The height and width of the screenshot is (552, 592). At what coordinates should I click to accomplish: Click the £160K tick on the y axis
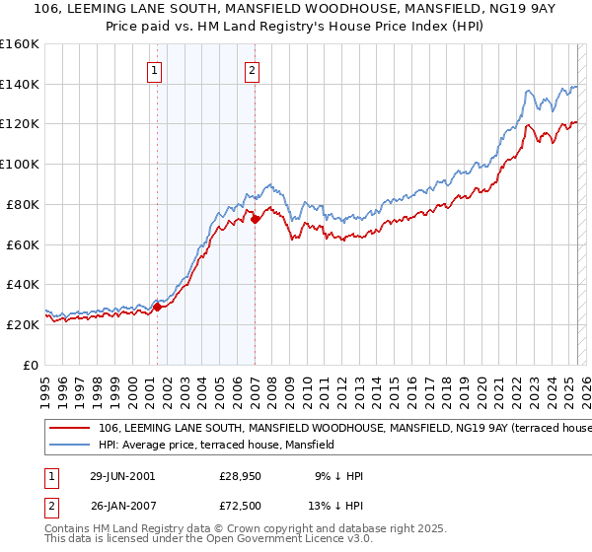click(x=20, y=44)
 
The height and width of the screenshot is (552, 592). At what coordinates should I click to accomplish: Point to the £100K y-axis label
click(x=20, y=165)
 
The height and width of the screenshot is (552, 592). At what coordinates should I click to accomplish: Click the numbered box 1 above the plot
click(x=156, y=70)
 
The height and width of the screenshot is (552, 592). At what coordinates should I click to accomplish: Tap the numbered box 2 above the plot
click(x=253, y=70)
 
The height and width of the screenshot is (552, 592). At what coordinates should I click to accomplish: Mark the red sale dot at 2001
click(x=158, y=307)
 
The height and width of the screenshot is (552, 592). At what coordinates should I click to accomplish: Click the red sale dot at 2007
click(x=255, y=219)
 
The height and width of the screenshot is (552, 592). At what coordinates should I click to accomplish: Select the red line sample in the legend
click(x=69, y=429)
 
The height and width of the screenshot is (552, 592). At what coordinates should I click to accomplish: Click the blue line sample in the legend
click(x=69, y=445)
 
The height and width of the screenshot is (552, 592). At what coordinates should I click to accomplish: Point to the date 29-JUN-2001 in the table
click(x=122, y=476)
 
